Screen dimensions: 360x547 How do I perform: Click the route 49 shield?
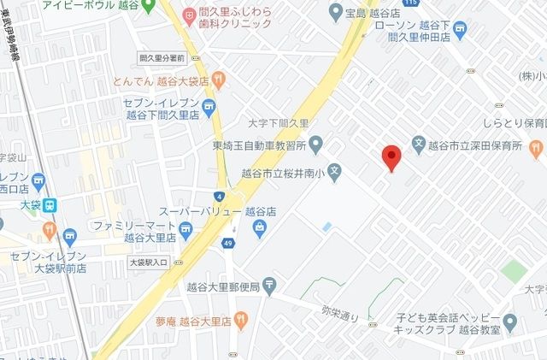click(x=229, y=245)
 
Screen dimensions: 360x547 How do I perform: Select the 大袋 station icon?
click(x=51, y=205)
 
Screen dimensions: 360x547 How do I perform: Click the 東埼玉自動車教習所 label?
click(x=258, y=142)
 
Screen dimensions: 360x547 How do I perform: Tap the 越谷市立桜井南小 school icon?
click(x=335, y=170)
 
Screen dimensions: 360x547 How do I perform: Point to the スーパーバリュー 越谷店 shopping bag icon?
click(x=260, y=227)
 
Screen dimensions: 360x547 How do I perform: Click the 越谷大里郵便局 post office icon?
click(x=269, y=285)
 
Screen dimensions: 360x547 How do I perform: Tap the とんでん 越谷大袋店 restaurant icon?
click(x=220, y=80)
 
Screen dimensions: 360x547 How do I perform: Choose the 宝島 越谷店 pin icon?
click(x=334, y=13)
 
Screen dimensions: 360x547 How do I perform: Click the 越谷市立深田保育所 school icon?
click(x=419, y=142)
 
